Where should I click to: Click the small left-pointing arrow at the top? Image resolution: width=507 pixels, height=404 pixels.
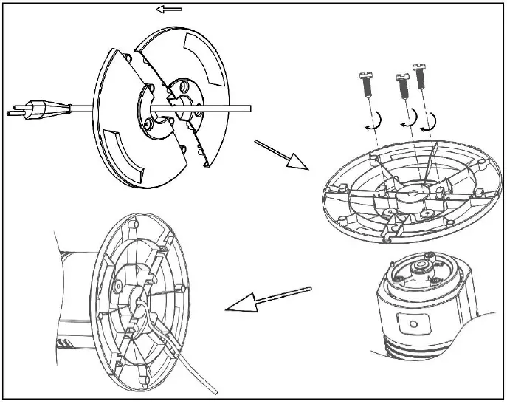point(170,9)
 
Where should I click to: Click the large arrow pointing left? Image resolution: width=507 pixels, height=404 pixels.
point(266,300)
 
